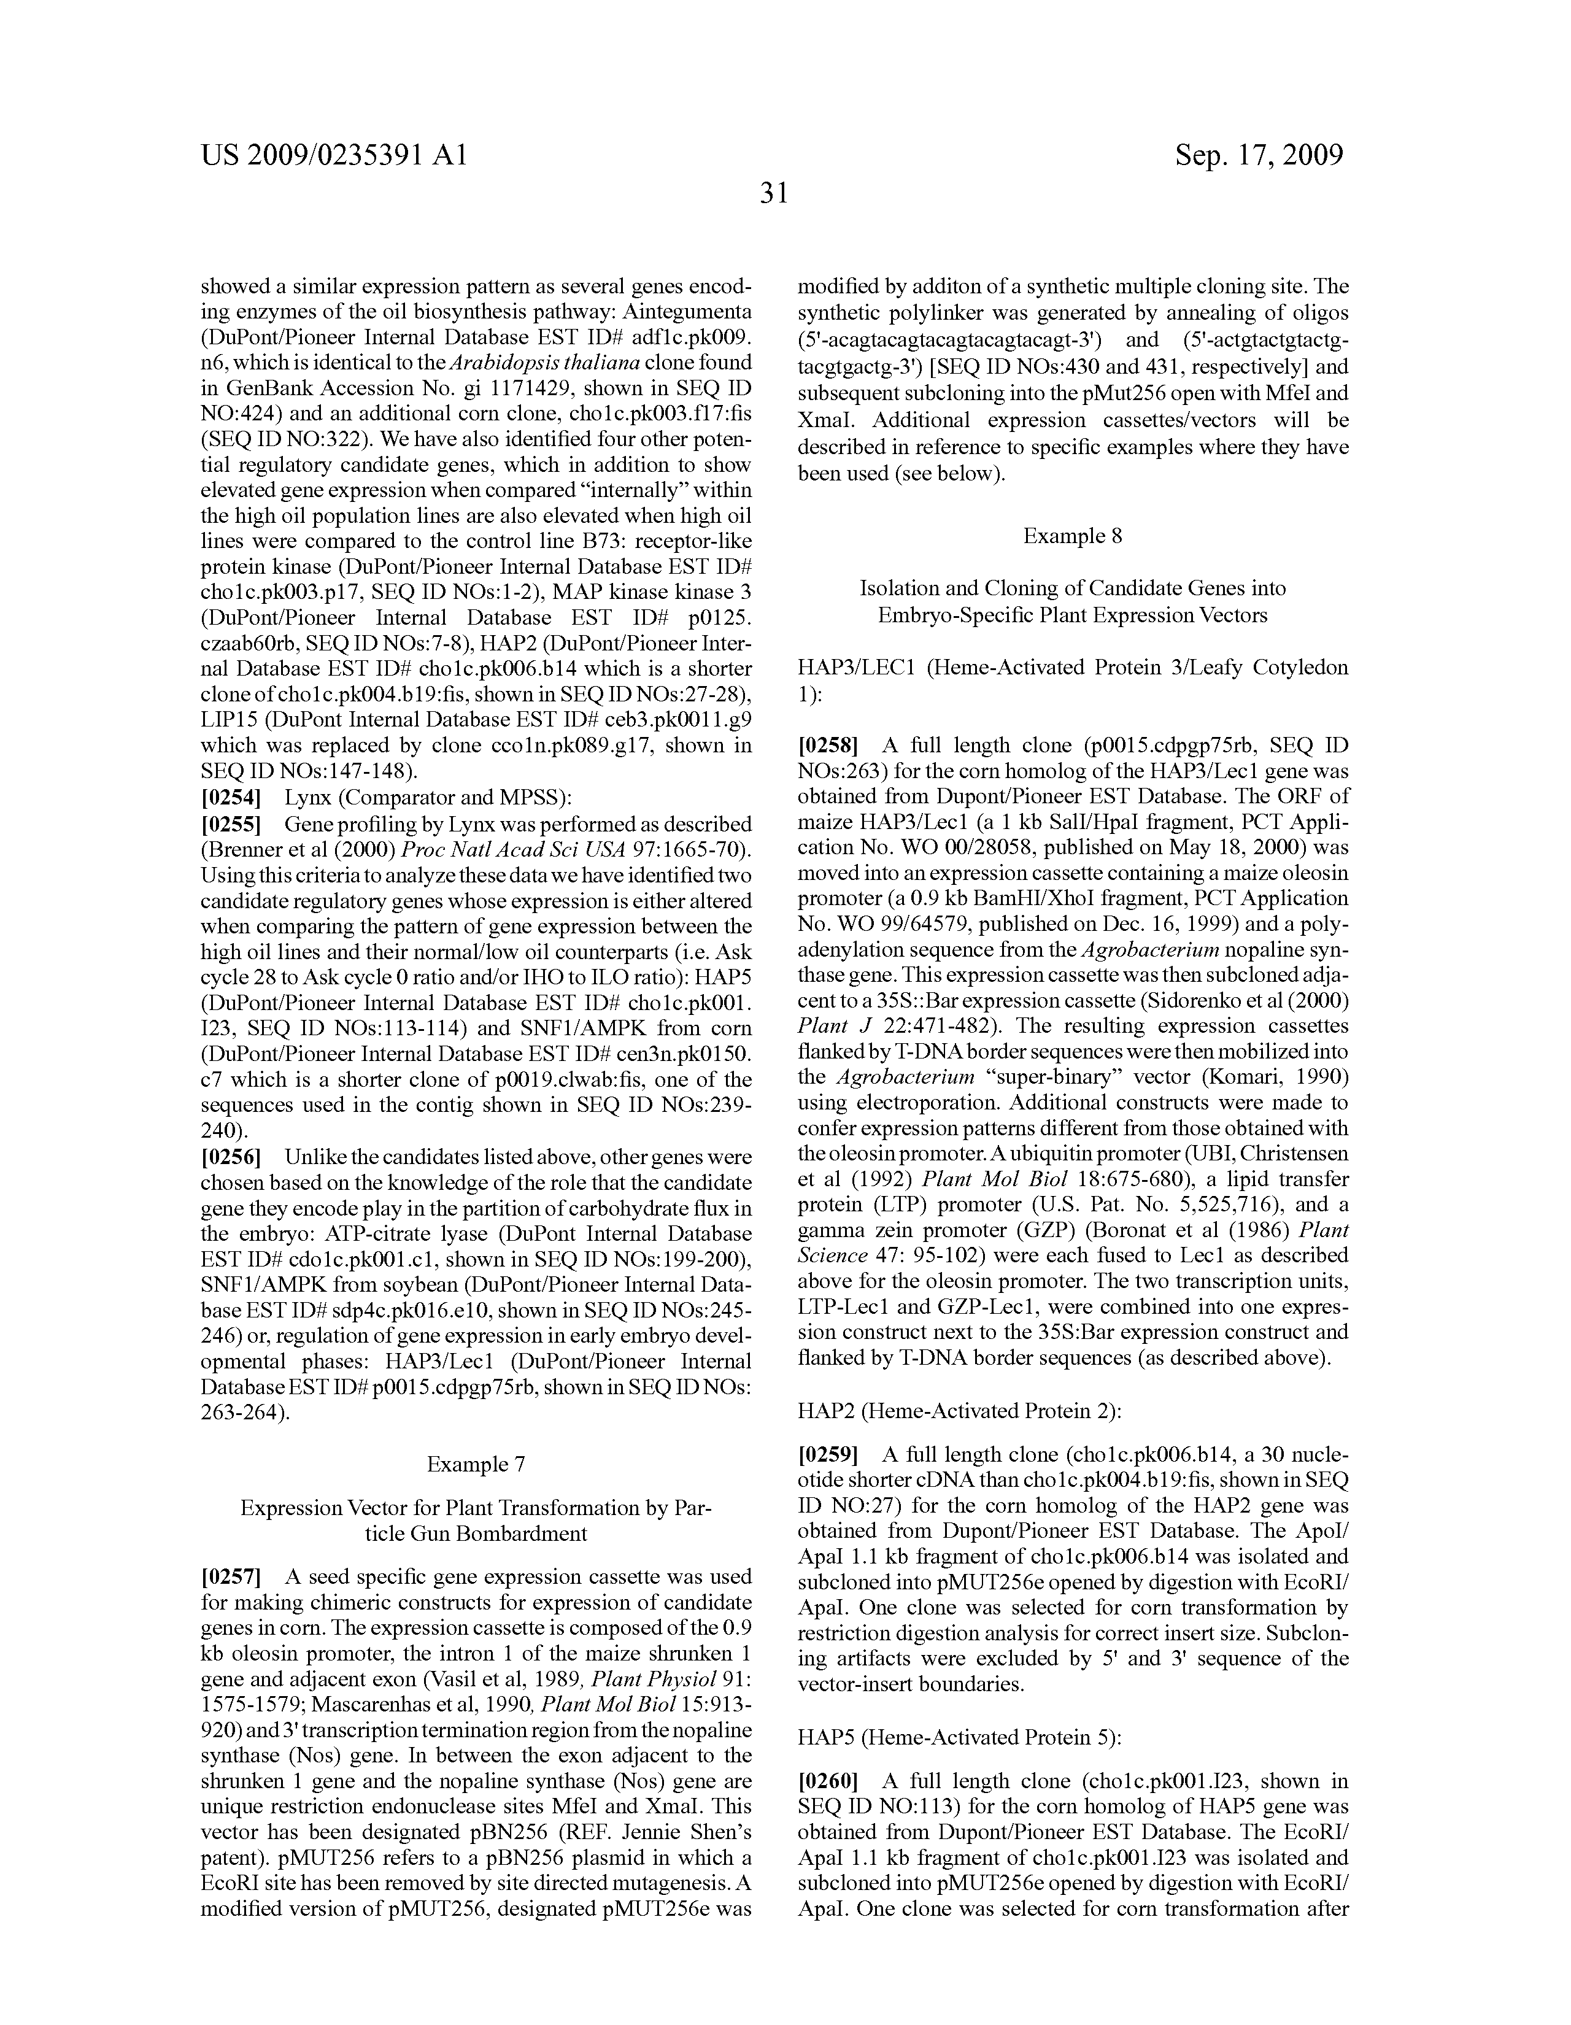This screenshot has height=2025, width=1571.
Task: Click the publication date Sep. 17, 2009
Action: point(1259,155)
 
